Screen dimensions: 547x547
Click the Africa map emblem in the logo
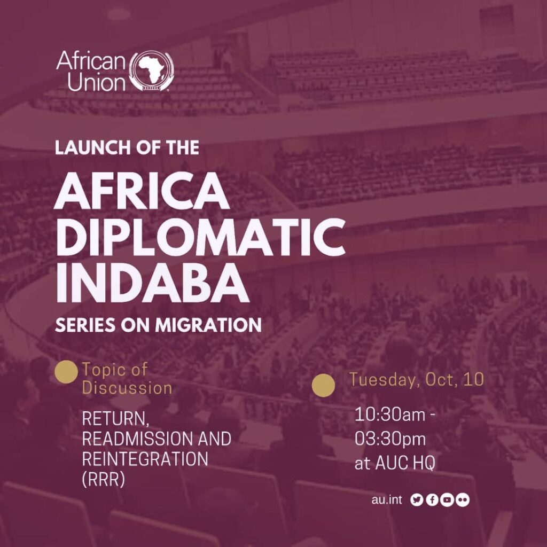(151, 71)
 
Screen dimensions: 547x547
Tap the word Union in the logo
(96, 82)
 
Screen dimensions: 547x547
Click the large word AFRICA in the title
(141, 191)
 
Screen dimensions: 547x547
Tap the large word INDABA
(152, 284)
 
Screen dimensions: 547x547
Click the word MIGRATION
(208, 325)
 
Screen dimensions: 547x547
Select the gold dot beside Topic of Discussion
(66, 372)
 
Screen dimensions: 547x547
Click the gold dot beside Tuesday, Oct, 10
(323, 385)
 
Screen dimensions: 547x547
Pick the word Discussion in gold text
(127, 388)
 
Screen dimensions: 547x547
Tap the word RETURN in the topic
(116, 419)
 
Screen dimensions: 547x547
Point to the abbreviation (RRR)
(104, 480)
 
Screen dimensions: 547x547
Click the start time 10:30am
(389, 415)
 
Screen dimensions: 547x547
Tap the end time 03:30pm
(390, 439)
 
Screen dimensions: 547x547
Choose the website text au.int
(387, 500)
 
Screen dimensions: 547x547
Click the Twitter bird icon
(417, 500)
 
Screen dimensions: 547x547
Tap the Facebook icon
(432, 500)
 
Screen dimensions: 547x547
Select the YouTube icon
(447, 500)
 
